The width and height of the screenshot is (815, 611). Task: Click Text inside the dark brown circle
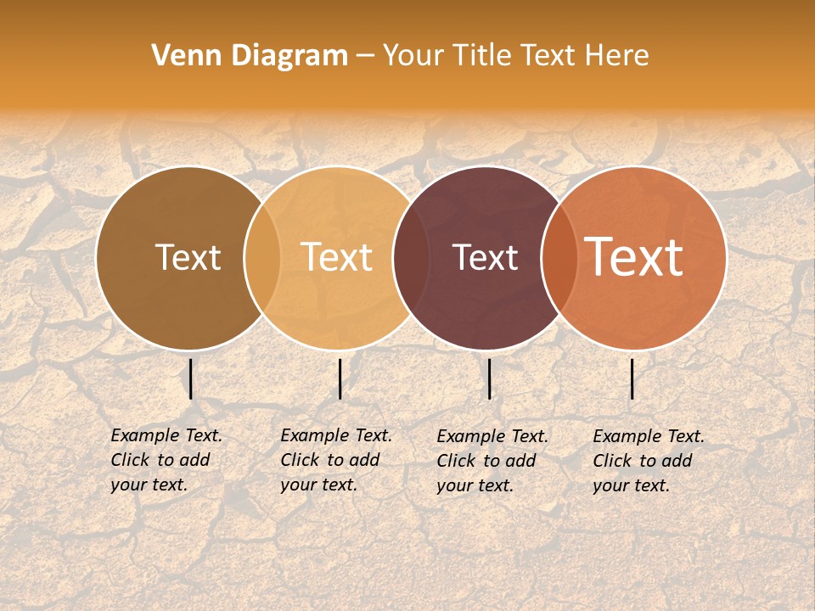(188, 257)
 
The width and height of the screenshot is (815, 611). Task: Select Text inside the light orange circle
(337, 257)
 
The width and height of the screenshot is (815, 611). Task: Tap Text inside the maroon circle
(485, 257)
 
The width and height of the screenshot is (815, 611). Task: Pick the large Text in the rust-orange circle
(633, 257)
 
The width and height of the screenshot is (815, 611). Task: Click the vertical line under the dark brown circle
(191, 379)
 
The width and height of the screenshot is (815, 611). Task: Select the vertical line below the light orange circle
(340, 379)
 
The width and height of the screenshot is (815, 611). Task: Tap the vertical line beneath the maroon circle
(490, 379)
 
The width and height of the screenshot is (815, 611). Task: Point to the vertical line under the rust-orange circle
(632, 379)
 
